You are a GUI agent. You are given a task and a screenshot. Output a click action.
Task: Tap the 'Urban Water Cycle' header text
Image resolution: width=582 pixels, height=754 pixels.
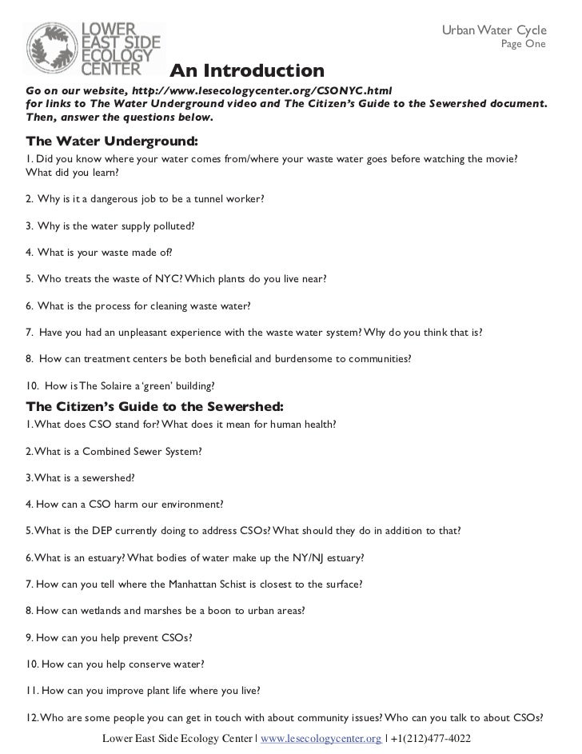pos(493,30)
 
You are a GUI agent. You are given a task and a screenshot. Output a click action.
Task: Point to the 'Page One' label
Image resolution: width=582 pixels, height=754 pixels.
pos(523,44)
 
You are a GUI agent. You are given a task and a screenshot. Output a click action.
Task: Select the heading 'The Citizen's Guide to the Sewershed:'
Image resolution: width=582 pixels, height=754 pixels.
pos(154,406)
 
